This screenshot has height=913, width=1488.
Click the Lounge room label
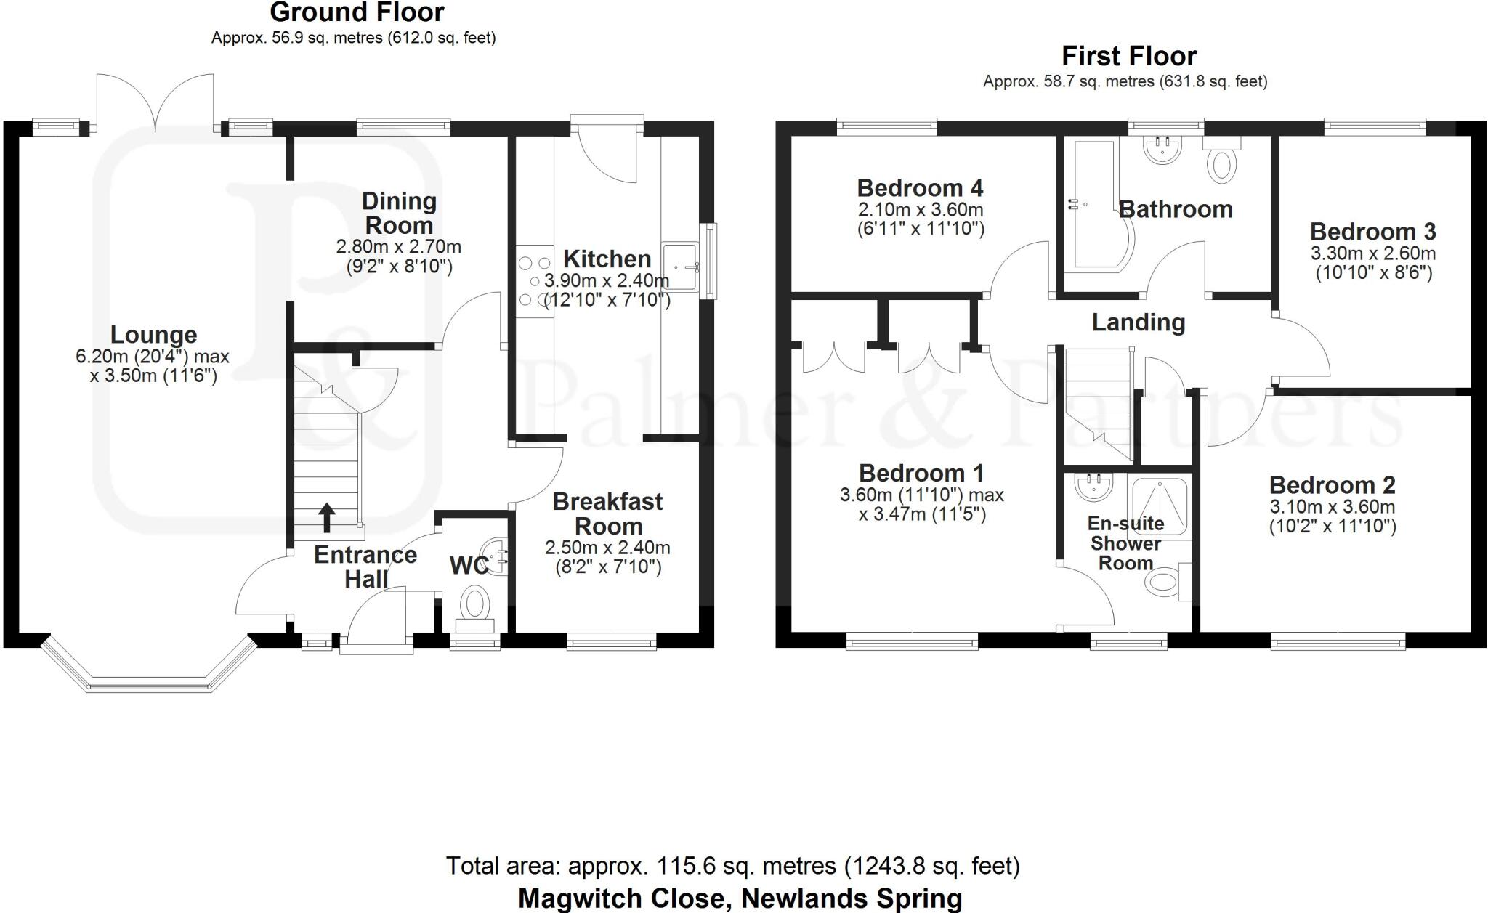153,335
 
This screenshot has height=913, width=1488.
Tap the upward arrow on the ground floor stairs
327,517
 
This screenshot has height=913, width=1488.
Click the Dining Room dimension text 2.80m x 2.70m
398,247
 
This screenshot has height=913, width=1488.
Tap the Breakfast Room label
607,514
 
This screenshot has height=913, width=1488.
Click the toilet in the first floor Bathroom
1221,164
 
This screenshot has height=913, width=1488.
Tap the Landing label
1139,322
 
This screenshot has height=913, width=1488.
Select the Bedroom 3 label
1372,232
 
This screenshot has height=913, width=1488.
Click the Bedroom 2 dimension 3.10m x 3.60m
1332,507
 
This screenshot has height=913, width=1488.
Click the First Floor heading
1129,56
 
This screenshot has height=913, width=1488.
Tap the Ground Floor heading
357,12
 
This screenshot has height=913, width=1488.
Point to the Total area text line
732,866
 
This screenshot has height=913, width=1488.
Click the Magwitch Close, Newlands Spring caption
740,898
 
